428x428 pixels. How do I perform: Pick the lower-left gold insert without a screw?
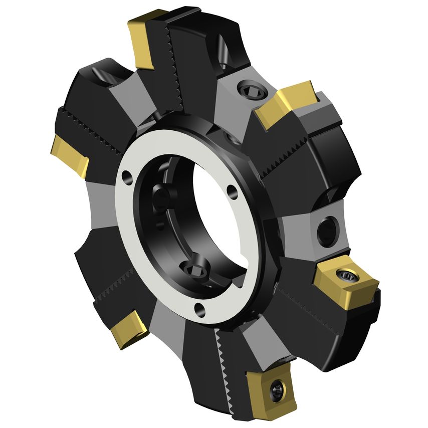[x=128, y=329]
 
